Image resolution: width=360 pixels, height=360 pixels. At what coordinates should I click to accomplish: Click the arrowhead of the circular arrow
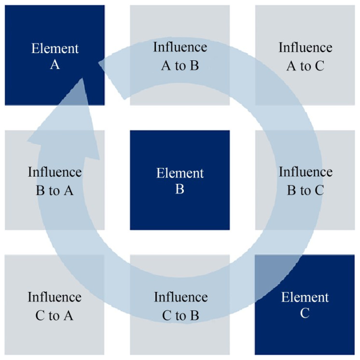pyautogui.click(x=72, y=121)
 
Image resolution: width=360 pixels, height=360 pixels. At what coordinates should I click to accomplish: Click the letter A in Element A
pyautogui.click(x=55, y=65)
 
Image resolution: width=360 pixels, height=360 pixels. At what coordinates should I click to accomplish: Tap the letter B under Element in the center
pyautogui.click(x=180, y=190)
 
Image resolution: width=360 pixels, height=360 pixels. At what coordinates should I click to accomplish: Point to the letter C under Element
pyautogui.click(x=305, y=313)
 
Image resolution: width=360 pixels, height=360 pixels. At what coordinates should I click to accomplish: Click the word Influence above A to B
pyautogui.click(x=180, y=47)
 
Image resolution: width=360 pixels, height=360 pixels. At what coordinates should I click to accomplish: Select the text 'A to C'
pyautogui.click(x=305, y=66)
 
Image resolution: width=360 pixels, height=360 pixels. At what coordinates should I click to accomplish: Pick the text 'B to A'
pyautogui.click(x=55, y=190)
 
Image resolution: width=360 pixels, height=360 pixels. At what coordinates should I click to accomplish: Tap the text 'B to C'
pyautogui.click(x=305, y=190)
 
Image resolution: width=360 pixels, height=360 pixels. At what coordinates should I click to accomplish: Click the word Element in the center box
pyautogui.click(x=180, y=173)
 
